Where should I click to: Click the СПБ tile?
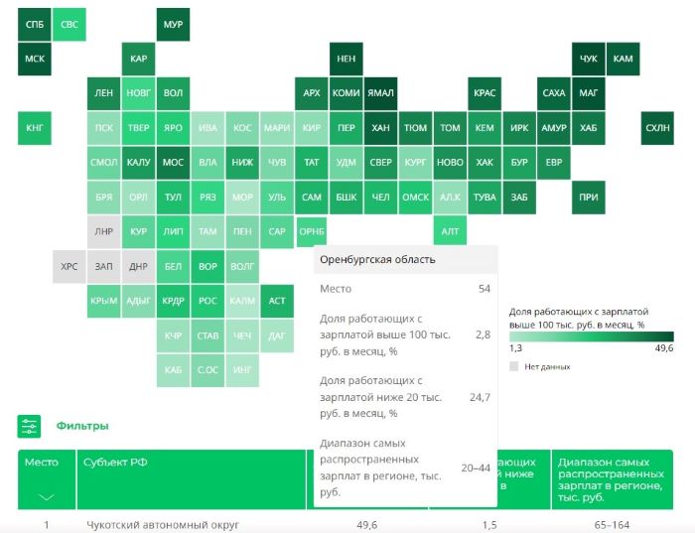tap(34, 24)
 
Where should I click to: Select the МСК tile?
tap(34, 59)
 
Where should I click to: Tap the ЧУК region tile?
tap(588, 59)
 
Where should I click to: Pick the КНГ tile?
tap(34, 128)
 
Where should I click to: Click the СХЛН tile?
tap(657, 128)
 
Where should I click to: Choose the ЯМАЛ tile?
tap(380, 93)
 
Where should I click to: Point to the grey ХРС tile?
tap(69, 266)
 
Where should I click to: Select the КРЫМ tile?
tap(103, 301)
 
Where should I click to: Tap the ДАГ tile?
tap(277, 335)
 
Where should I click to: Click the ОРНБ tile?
tap(311, 231)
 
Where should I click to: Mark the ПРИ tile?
tap(588, 197)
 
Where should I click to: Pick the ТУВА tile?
tap(485, 197)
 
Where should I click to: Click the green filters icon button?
tap(30, 426)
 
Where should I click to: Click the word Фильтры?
tap(81, 426)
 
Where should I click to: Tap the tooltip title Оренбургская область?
tap(376, 260)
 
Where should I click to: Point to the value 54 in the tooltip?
tap(484, 289)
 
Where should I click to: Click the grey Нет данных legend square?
tap(514, 366)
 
